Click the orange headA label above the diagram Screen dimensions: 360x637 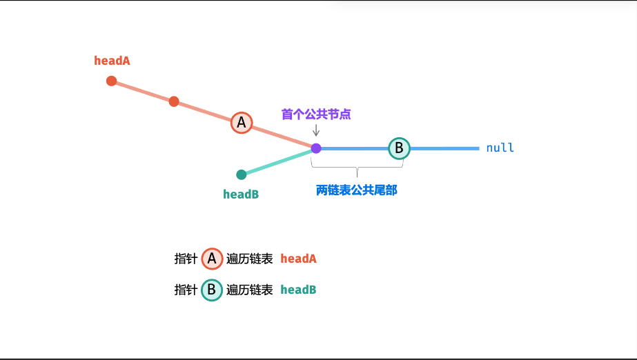pos(112,61)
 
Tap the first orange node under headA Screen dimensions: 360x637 pos(111,81)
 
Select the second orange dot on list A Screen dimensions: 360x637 pos(174,101)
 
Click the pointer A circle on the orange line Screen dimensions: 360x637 pos(242,123)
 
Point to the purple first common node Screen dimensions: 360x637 pos(316,148)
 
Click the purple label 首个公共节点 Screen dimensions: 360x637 pos(316,114)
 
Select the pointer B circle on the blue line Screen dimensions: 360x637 pos(399,148)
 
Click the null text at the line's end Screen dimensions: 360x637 pos(500,148)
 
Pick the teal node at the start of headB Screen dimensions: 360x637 pos(242,174)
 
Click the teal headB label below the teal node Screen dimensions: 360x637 pos(241,194)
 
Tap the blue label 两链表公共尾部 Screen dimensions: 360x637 pos(357,191)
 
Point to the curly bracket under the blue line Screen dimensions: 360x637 pos(357,166)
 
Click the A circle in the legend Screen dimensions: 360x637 pos(212,259)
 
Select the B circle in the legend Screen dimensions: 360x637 pos(212,290)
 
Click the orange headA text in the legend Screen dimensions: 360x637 pos(298,259)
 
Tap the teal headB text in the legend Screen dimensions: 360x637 pos(298,290)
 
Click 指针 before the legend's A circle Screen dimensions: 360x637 pos(186,259)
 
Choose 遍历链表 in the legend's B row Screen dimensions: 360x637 pos(249,290)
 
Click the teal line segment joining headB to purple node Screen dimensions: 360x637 pos(279,161)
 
